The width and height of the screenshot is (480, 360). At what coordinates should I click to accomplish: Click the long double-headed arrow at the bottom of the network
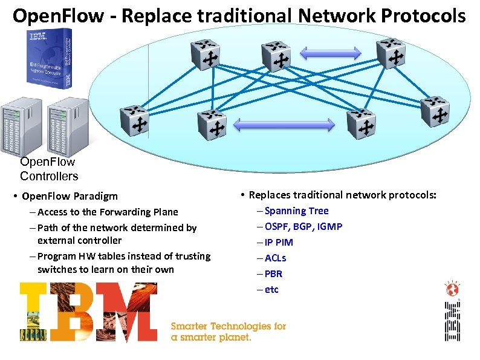click(283, 125)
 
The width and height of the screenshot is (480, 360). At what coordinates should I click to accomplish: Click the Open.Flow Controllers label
click(48, 169)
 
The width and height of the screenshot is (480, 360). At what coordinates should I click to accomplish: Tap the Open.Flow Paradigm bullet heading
click(70, 196)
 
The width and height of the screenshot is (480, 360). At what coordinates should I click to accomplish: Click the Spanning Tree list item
click(296, 211)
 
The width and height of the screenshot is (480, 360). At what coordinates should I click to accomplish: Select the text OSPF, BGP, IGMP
click(303, 226)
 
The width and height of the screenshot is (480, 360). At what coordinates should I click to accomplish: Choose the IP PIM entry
click(279, 242)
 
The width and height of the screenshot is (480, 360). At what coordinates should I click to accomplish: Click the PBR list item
click(273, 273)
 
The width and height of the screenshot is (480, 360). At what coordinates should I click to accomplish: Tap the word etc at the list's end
click(271, 289)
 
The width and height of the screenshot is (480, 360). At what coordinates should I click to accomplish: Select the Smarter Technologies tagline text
click(228, 332)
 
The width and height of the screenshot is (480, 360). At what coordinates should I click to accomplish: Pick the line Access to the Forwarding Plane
click(108, 212)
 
